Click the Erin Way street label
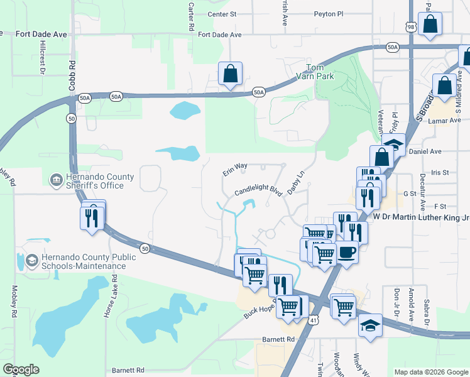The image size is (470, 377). (x=235, y=170)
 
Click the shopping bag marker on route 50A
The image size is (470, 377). (x=230, y=74)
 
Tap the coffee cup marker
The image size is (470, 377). (x=346, y=252)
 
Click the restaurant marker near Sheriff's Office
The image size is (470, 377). (x=93, y=217)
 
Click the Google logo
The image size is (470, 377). (x=21, y=369)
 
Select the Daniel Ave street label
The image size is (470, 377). (x=443, y=151)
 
